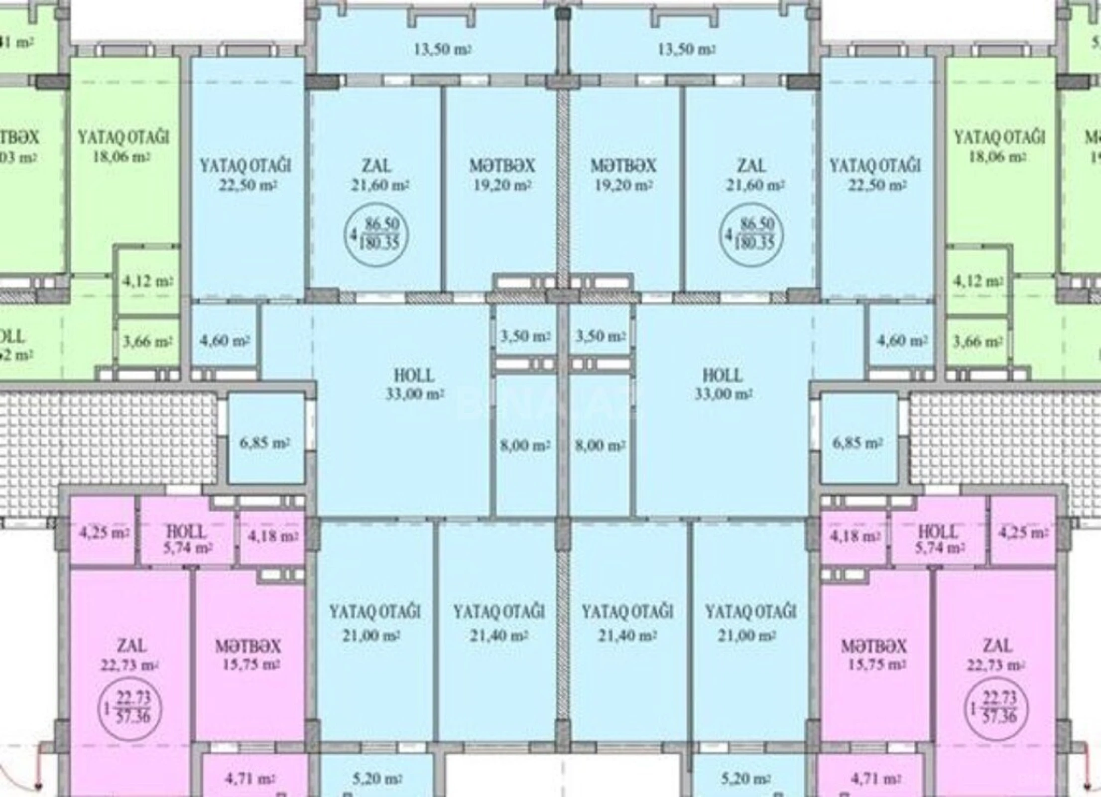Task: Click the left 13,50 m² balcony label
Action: coord(442,49)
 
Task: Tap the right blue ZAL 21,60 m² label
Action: coord(752,175)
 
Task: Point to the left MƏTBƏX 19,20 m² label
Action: coord(501,175)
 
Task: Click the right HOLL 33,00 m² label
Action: coord(723,384)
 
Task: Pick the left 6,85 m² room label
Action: coord(265,442)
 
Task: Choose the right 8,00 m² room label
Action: coord(600,445)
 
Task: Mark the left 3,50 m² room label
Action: coord(525,336)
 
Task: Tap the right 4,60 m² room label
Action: coord(901,341)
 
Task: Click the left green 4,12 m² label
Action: coord(147,281)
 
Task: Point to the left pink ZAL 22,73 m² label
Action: coord(132,655)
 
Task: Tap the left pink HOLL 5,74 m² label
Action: coord(187,539)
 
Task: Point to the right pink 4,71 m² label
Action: coord(873,778)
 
